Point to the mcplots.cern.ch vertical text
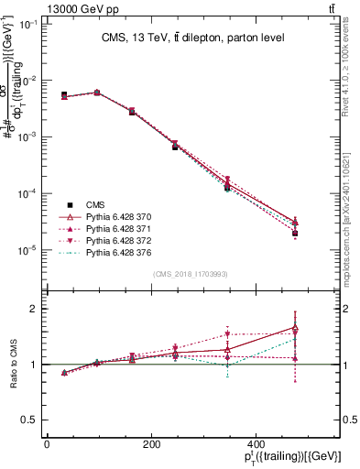tap(350, 224)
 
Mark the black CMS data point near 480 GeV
tap(295, 234)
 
